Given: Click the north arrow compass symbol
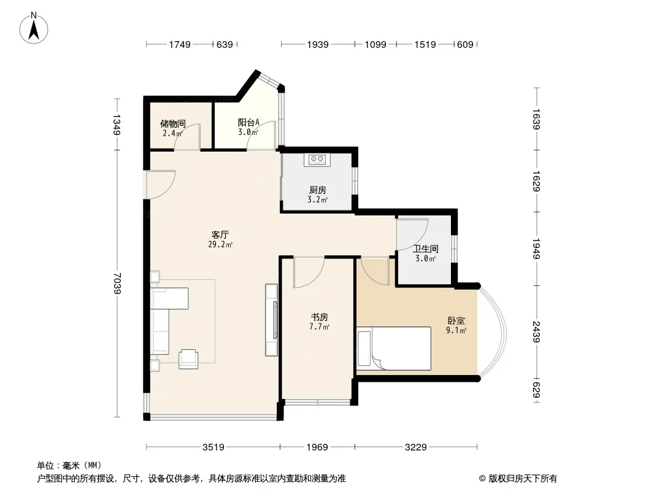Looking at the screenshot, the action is point(34,28).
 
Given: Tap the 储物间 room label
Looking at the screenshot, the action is point(172,123).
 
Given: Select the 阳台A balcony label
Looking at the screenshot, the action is point(248,122).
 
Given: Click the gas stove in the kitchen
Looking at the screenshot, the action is point(317,160).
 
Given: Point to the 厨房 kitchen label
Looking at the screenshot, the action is point(318,190).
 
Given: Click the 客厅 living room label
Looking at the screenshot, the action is point(220,235).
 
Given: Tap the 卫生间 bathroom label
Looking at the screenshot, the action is point(425,249).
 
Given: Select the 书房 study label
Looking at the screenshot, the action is point(320,317).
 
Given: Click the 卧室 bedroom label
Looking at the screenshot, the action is point(456,321).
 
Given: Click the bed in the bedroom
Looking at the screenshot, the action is point(394,349).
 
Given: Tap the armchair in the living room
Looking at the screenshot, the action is point(188,359).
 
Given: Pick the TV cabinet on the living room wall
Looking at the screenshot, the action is point(272,320).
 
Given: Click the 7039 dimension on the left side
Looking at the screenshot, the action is point(117,284).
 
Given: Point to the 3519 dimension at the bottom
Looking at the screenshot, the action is point(213,447).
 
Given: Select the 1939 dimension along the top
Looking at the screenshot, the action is point(318,44).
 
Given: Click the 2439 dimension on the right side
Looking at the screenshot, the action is point(536,331).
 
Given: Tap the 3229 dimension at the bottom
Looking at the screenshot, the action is point(416,447).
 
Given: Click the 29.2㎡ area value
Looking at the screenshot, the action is point(220,244).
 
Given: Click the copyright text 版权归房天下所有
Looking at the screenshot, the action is point(523,479).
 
